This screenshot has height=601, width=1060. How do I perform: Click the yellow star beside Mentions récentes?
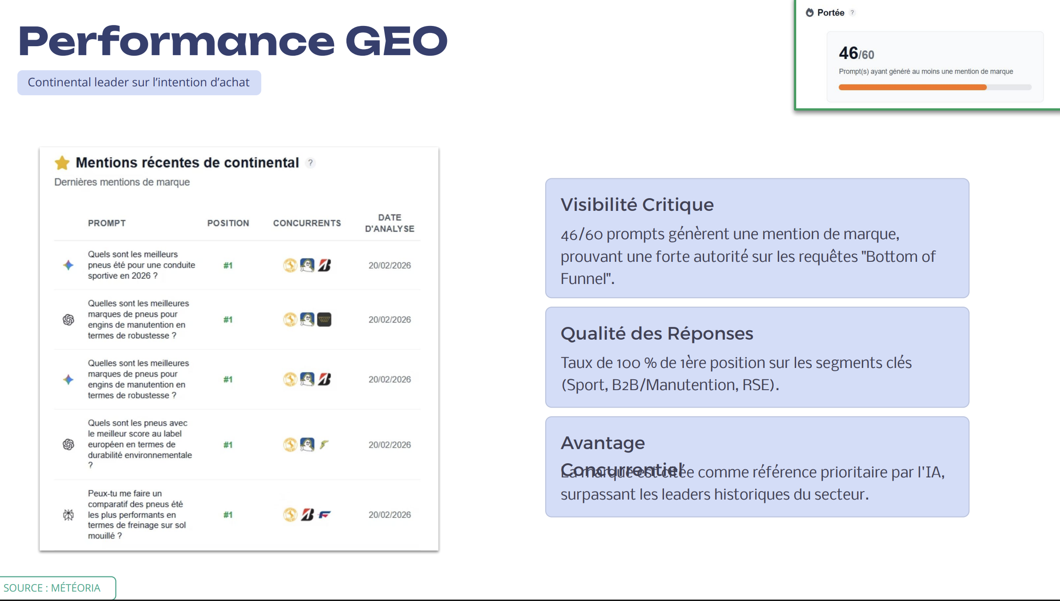click(62, 163)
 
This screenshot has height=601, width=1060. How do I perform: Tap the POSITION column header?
click(228, 223)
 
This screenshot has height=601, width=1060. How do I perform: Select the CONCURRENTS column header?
click(307, 223)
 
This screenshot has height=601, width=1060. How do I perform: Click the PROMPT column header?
click(107, 223)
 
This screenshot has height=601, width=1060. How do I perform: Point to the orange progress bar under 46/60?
click(912, 87)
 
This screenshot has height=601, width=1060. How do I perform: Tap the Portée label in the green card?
click(831, 13)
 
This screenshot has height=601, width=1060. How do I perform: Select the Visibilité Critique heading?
click(637, 205)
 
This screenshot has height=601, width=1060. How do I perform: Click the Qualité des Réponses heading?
click(656, 334)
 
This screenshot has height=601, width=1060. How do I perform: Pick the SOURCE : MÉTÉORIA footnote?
click(52, 588)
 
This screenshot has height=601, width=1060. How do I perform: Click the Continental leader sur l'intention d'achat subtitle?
click(139, 83)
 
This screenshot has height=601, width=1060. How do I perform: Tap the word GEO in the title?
click(396, 42)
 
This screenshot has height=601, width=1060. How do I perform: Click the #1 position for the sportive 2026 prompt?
click(228, 266)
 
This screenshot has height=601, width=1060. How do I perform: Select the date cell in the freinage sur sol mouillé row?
click(389, 515)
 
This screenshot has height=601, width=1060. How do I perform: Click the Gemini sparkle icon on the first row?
click(68, 265)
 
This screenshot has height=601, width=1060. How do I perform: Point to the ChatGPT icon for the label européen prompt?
click(68, 444)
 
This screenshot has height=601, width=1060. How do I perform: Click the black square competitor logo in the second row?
click(324, 320)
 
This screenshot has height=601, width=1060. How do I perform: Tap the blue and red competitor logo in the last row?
click(325, 515)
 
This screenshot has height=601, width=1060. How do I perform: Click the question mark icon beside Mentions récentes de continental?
click(310, 163)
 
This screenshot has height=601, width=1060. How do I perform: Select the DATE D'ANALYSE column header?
click(389, 223)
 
